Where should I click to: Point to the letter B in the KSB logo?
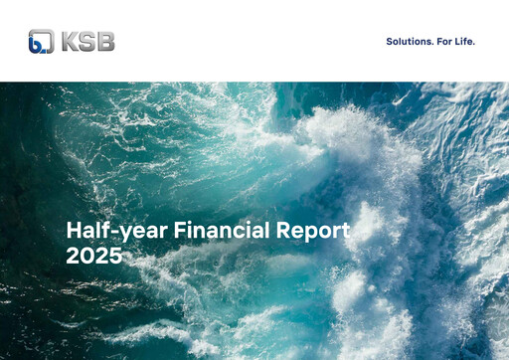(104, 41)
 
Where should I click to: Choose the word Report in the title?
(314, 232)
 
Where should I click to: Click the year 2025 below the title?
(93, 256)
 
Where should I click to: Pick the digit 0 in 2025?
(86, 256)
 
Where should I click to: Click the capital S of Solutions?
(389, 42)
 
